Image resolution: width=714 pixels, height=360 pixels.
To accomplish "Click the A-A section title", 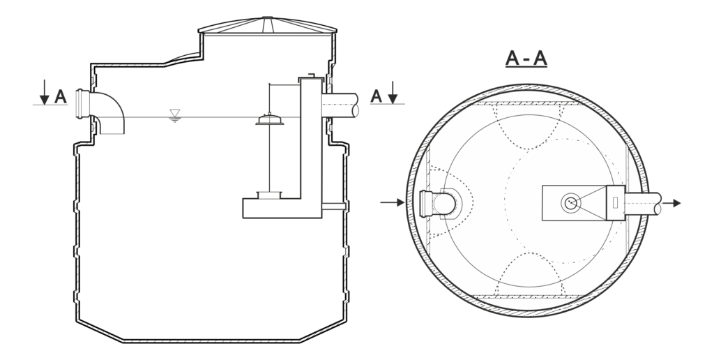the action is tap(526, 59).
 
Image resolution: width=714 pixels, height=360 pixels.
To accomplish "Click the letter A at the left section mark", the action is tap(61, 96).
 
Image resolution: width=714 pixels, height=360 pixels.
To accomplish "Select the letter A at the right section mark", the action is tap(376, 96).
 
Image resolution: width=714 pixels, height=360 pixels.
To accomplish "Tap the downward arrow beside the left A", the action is tap(44, 92).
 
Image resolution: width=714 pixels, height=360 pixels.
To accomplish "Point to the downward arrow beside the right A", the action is tap(393, 93).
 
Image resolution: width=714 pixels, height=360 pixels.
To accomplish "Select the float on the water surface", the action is tap(270, 119).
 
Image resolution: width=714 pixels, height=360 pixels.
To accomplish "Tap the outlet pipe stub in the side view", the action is tap(340, 105).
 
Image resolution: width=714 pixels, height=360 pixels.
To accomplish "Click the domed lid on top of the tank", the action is tap(267, 26).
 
